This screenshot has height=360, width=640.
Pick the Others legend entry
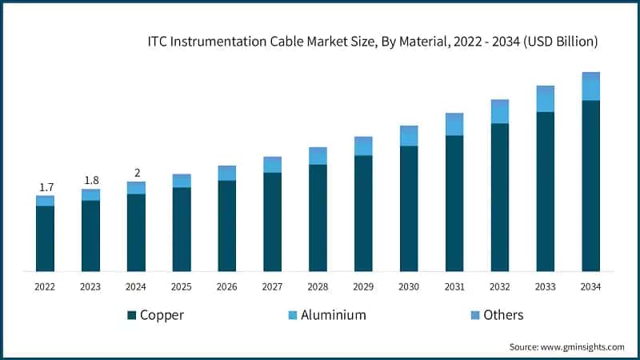pyautogui.click(x=503, y=314)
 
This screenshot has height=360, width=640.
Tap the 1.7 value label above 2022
pyautogui.click(x=46, y=187)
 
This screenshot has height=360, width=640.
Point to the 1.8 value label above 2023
pyautogui.click(x=90, y=180)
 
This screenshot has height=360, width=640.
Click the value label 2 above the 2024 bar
pyautogui.click(x=136, y=173)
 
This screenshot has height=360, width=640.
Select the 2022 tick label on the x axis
pyautogui.click(x=46, y=286)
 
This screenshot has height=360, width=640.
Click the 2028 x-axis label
pyautogui.click(x=318, y=286)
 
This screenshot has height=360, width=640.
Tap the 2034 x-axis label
pyautogui.click(x=590, y=286)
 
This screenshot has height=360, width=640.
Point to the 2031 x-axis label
pyautogui.click(x=454, y=286)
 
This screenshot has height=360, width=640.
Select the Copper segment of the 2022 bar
pyautogui.click(x=46, y=238)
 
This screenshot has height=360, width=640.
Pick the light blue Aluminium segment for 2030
pyautogui.click(x=409, y=137)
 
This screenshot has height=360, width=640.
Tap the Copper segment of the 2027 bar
pyautogui.click(x=273, y=222)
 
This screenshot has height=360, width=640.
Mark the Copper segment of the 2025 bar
pyautogui.click(x=182, y=229)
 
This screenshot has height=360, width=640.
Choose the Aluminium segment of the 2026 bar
pyautogui.click(x=227, y=174)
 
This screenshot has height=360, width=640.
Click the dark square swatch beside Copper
pyautogui.click(x=132, y=315)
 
